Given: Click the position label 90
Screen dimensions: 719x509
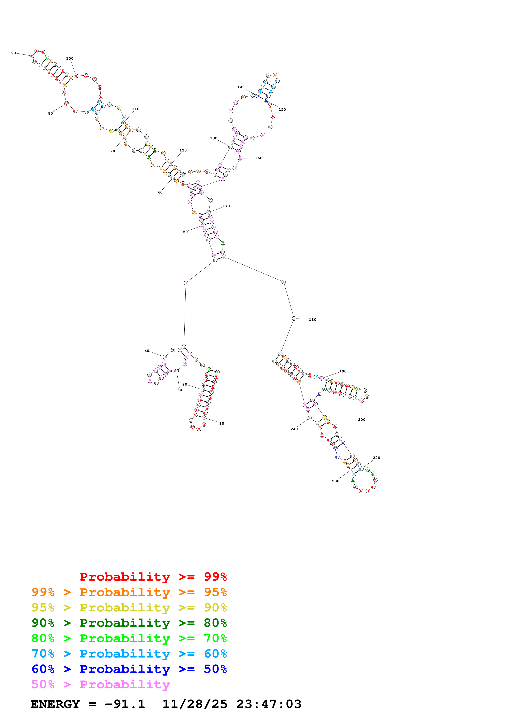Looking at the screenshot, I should point(14,53).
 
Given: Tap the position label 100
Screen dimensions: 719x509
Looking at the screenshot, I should point(70,59).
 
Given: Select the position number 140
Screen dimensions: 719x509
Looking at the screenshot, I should point(241,87).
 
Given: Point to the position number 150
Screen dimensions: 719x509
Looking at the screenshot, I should point(282,110).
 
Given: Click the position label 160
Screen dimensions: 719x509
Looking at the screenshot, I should point(259,158).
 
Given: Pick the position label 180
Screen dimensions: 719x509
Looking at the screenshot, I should point(313,320).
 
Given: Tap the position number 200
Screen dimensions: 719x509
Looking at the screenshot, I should point(362,420).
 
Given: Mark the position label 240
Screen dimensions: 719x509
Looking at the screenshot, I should point(294,429).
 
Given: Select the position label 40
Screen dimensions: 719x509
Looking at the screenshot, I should point(147,351).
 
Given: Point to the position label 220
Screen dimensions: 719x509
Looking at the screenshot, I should point(376,458).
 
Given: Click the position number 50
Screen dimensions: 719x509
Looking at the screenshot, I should point(185,232).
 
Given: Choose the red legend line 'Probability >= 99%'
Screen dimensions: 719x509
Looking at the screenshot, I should point(153,577).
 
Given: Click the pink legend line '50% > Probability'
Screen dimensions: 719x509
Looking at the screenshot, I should point(101,685).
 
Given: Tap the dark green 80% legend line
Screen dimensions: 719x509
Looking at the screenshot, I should point(129,623).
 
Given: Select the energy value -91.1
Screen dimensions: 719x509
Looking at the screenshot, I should point(125,704).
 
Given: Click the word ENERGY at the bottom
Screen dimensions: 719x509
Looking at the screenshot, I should point(55,704).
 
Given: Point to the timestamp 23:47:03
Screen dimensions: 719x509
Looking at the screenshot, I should point(269,704).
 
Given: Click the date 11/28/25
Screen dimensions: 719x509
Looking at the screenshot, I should point(195,704).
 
